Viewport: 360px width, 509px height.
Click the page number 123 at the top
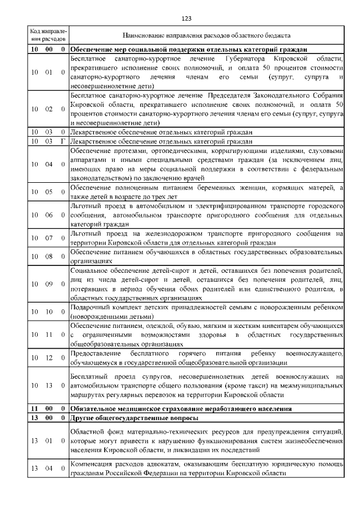(x=187, y=19)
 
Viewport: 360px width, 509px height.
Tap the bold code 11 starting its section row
(x=34, y=408)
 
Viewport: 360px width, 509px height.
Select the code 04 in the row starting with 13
(x=49, y=469)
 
